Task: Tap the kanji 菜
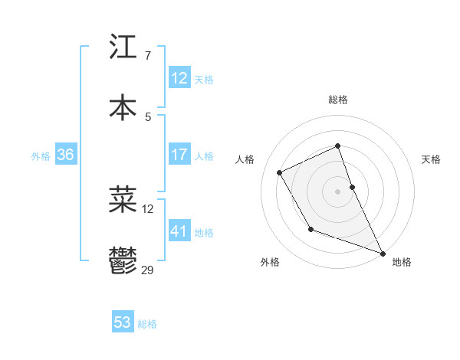123,199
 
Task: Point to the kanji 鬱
123,260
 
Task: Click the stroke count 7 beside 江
147,56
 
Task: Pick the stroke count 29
148,270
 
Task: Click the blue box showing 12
179,78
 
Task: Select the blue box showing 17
179,155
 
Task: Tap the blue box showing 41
179,231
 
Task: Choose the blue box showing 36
66,155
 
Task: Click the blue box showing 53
123,322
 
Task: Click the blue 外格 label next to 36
41,156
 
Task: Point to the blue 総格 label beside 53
147,324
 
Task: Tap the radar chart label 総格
338,100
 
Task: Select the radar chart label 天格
432,159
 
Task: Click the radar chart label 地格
402,262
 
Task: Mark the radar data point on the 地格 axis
383,254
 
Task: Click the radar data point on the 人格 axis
280,172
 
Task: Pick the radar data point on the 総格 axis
338,146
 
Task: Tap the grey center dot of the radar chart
338,191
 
